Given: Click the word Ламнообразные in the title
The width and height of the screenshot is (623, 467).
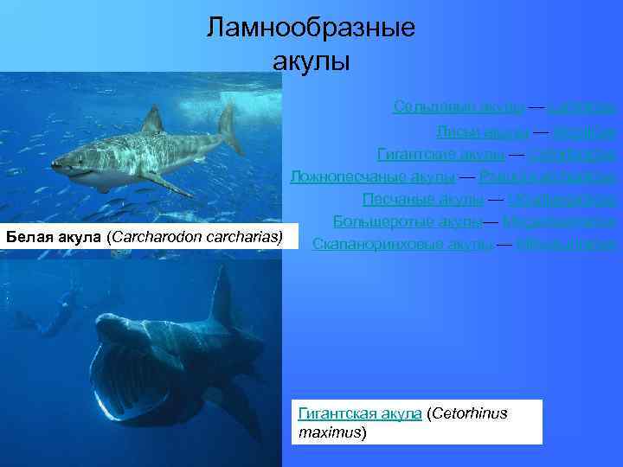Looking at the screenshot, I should pos(311,28).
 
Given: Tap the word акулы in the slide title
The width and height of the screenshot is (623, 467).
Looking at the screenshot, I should pos(311,62).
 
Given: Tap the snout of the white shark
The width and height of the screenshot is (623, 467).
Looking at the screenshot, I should pos(57,163).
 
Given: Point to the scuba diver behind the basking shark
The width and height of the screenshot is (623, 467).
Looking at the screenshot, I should pos(52,315).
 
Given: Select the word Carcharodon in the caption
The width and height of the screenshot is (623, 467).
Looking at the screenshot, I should pos(151,236).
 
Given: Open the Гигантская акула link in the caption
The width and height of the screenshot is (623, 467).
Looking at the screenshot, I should pos(359,413).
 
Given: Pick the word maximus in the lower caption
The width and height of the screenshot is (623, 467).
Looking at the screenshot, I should pos(329,431).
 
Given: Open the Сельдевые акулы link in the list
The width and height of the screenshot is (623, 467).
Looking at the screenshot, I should pos(458,106).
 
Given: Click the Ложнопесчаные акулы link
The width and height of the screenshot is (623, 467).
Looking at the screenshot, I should pos(372,177).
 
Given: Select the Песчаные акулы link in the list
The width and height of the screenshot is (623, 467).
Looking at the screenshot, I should pos(422,200).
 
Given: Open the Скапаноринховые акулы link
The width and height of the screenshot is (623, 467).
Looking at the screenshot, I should pos(402,245).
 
